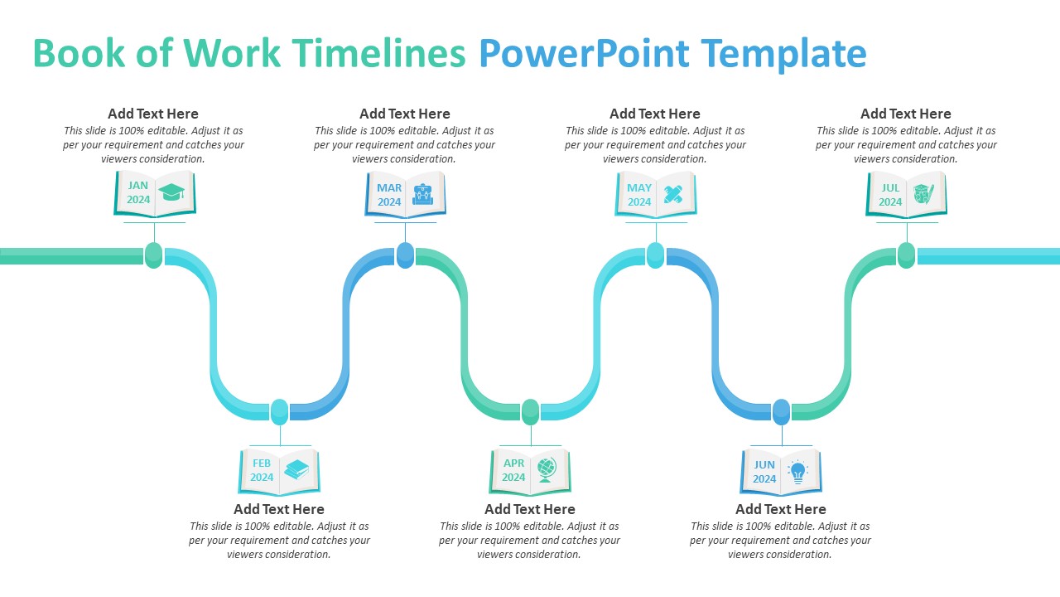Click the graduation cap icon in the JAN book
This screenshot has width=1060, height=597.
click(x=172, y=192)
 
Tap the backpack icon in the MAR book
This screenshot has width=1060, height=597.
click(x=423, y=194)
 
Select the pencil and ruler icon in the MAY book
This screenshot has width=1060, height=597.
click(x=673, y=194)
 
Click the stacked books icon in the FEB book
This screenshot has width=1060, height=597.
click(x=296, y=470)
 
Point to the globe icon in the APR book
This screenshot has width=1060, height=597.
click(x=547, y=469)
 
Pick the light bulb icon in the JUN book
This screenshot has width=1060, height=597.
click(x=797, y=471)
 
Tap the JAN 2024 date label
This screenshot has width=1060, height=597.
click(x=138, y=193)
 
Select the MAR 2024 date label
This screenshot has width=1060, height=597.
click(x=389, y=195)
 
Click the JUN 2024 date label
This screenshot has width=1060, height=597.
click(x=764, y=472)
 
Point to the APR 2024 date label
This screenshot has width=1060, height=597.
click(x=513, y=470)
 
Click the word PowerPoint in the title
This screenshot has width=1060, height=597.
click(x=584, y=54)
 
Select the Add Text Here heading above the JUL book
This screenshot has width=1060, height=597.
click(x=905, y=114)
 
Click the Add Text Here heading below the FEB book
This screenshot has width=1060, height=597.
click(x=279, y=509)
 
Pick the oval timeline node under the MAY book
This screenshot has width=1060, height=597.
click(x=655, y=255)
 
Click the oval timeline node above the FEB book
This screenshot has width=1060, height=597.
click(x=280, y=411)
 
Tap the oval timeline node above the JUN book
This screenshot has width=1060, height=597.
click(x=781, y=411)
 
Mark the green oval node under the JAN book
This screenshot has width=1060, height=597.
click(x=153, y=255)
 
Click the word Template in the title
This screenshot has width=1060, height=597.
click(x=783, y=54)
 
